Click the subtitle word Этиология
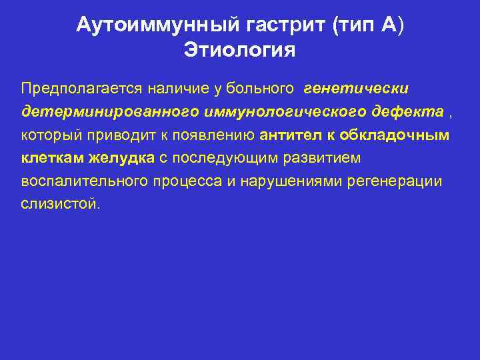coord(239,51)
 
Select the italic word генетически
coord(356,88)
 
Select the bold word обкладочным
coord(394,135)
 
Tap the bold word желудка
coord(122,159)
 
